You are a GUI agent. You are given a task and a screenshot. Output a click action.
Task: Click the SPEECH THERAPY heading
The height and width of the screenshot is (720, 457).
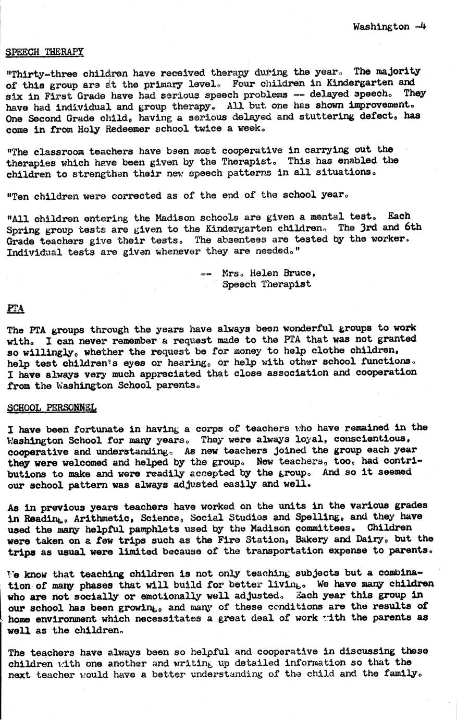click(x=44, y=52)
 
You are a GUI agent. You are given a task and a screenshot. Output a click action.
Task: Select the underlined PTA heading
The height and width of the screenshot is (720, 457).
click(x=16, y=308)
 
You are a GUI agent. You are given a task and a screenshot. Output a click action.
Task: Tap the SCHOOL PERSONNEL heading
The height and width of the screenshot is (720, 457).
click(x=52, y=407)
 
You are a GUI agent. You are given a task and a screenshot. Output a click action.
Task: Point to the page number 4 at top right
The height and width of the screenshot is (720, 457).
click(x=423, y=26)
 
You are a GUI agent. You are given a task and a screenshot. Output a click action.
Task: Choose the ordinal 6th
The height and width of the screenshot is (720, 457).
click(x=412, y=227)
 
